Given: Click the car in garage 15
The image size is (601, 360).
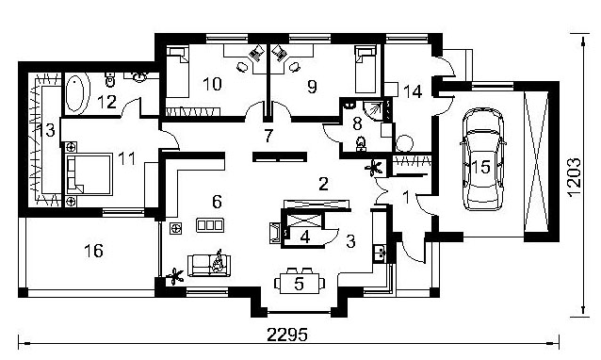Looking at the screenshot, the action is tap(482, 159).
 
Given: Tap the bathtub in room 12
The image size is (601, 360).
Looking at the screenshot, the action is tap(75, 93).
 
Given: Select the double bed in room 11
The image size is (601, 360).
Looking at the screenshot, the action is tap(89, 174).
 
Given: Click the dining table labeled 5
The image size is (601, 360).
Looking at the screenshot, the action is tap(300, 284).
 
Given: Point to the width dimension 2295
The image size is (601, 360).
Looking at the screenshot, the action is tap(287, 335).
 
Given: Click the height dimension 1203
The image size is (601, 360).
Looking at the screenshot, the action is tap(575, 177).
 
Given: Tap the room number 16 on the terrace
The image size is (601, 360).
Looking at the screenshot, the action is tap(94, 251).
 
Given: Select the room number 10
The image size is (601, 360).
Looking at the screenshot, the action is tap(212, 84).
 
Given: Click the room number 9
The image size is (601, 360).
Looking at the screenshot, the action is tap(313, 87).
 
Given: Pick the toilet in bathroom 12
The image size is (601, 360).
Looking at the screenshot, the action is tap(110, 78).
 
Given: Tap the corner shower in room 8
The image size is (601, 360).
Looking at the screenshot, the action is tap(373, 110).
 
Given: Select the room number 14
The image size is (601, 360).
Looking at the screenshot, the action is tap(413, 92).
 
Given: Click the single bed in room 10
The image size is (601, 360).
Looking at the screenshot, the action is tap(177, 72).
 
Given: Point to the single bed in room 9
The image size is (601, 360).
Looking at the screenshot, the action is tap(365, 70).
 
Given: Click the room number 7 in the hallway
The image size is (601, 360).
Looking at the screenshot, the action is tap(268, 136).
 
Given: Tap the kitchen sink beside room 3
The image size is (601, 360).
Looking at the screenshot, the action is tap(380, 252).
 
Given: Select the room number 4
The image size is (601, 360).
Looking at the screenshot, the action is tap(304, 237).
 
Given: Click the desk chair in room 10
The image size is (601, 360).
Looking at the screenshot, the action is tap(242, 67).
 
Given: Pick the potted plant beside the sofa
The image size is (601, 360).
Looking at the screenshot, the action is tap(175, 276).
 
